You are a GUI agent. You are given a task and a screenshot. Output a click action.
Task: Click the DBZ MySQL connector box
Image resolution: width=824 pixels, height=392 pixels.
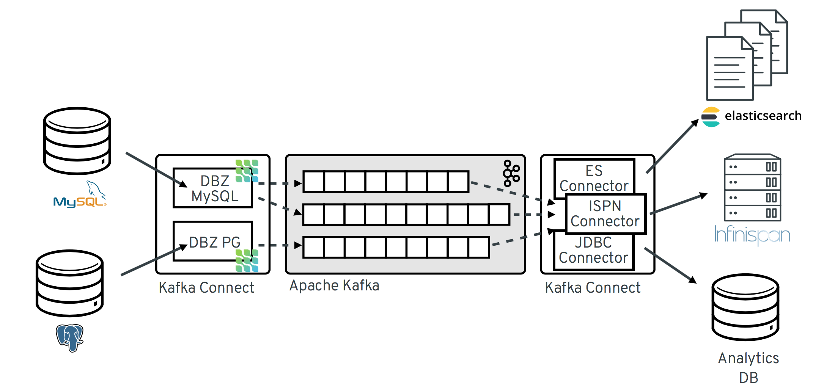[212, 188]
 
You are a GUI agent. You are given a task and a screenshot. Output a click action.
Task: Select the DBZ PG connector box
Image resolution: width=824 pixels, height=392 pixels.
[212, 241]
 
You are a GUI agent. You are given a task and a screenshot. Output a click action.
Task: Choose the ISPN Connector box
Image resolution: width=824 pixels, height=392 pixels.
[605, 214]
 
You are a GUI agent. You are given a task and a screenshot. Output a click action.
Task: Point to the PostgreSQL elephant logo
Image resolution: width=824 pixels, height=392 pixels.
[70, 337]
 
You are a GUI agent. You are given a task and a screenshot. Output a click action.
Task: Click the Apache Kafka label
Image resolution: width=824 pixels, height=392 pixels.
[334, 285]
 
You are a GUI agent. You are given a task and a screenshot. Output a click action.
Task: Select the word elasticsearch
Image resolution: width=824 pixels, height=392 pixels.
[763, 116]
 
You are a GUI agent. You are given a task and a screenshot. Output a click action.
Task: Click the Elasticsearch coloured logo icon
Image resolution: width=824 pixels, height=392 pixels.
[710, 117]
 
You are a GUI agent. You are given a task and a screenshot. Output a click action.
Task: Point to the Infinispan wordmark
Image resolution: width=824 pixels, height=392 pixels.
[752, 235]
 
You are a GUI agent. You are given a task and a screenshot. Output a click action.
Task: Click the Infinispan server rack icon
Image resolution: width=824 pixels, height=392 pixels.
[752, 188]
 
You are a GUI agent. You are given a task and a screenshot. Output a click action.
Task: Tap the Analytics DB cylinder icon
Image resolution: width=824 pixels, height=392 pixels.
[745, 307]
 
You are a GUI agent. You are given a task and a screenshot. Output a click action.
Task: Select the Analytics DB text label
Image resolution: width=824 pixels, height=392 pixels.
[748, 367]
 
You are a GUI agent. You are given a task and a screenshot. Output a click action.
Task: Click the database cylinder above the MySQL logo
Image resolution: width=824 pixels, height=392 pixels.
[77, 141]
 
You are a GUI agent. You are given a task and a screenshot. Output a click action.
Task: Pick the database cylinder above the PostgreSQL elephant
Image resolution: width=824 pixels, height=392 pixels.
[69, 283]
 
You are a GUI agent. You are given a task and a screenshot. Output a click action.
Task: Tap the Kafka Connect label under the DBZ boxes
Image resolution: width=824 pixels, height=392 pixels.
[206, 288]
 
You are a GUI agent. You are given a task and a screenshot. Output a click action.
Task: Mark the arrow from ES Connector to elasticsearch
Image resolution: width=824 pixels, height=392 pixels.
[672, 146]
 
